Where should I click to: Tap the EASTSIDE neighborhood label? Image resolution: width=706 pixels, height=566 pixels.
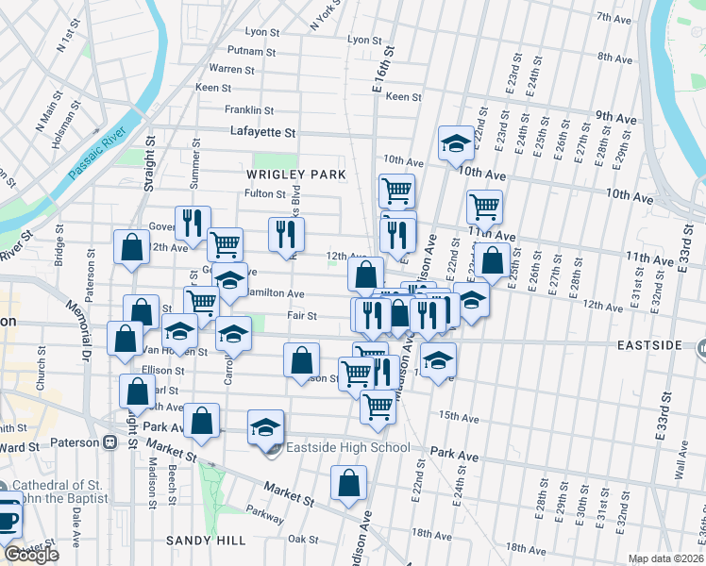(x=649, y=345)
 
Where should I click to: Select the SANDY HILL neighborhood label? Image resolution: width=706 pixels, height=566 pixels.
(x=206, y=541)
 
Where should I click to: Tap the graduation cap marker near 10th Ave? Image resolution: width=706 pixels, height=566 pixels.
(x=456, y=144)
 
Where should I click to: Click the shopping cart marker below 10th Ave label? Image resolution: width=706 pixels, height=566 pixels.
(x=397, y=191)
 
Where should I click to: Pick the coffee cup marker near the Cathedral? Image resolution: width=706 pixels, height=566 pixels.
(x=8, y=519)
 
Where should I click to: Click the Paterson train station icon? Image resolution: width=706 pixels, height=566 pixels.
(x=109, y=441)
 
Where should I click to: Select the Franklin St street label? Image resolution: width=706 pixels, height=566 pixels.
(x=249, y=110)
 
